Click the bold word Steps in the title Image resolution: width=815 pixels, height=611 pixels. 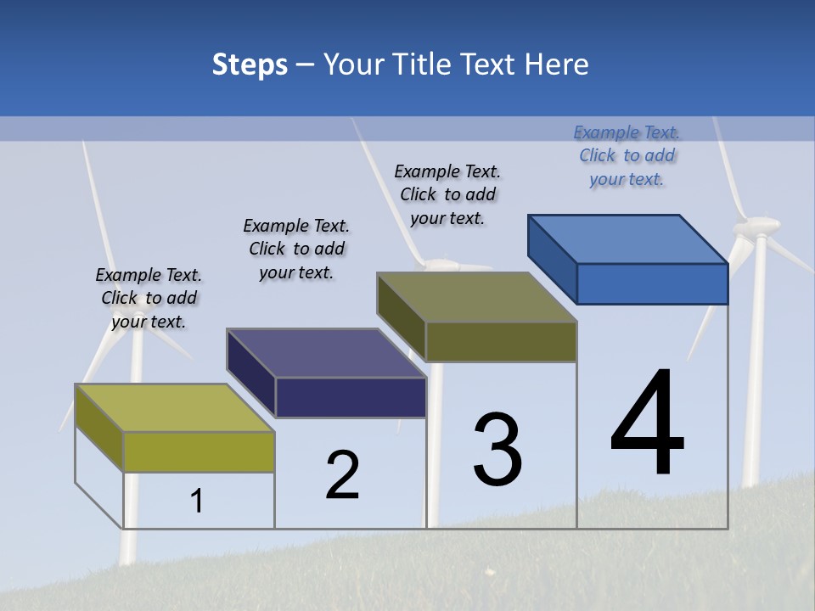click(x=250, y=64)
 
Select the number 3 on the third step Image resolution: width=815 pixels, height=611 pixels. click(x=497, y=450)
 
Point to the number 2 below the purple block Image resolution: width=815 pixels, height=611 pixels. click(x=343, y=475)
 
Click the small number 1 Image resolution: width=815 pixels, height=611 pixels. click(x=197, y=502)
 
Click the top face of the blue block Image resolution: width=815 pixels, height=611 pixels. click(x=627, y=238)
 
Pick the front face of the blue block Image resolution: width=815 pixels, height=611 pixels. click(x=652, y=283)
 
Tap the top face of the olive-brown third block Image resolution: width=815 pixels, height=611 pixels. click(x=476, y=297)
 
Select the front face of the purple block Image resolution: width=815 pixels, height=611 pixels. click(x=351, y=397)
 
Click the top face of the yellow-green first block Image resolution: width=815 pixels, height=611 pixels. click(x=175, y=408)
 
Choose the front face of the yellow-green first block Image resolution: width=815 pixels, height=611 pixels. click(x=199, y=451)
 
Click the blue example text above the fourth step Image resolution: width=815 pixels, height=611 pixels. click(x=627, y=155)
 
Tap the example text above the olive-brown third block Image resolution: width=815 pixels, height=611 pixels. click(x=447, y=194)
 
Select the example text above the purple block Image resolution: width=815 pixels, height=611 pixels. click(x=296, y=249)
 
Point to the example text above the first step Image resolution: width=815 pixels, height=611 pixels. click(x=149, y=298)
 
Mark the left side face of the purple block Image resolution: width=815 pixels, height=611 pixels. click(x=251, y=373)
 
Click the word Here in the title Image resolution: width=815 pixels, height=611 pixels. click(x=557, y=64)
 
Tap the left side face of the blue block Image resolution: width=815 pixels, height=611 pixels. click(x=553, y=259)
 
